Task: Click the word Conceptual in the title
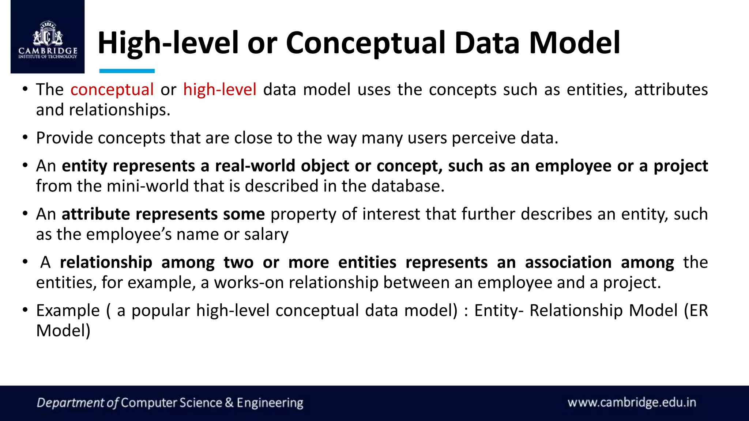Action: point(366,43)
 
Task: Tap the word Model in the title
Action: point(575,43)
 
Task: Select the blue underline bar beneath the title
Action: point(127,71)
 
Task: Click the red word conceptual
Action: point(112,90)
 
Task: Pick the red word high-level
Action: point(220,90)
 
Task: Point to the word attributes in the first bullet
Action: point(671,90)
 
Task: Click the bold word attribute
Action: point(96,214)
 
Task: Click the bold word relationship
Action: point(106,262)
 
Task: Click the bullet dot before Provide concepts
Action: point(25,138)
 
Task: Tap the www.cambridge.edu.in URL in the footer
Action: point(632,402)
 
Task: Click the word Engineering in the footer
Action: point(270,403)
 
